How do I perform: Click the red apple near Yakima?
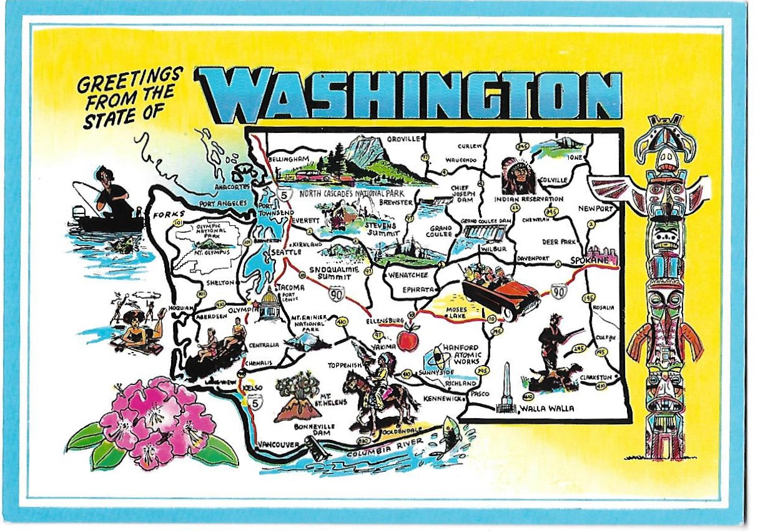[x=407, y=340]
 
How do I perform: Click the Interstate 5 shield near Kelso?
[x=253, y=404]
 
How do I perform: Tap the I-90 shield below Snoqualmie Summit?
[x=337, y=293]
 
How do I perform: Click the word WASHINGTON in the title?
[x=409, y=95]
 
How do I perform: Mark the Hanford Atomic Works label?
[x=460, y=354]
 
